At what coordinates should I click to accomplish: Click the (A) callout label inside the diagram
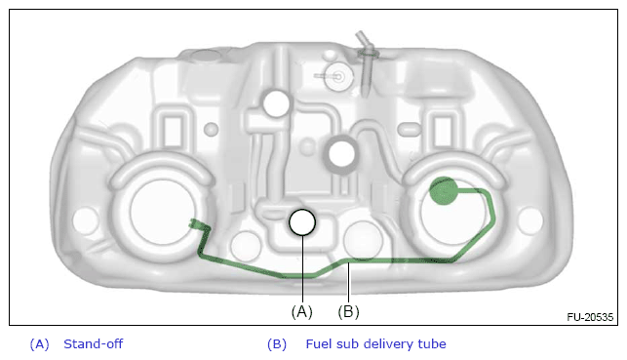(302, 311)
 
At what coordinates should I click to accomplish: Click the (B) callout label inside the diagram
(349, 311)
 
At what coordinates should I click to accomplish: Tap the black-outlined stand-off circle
(302, 222)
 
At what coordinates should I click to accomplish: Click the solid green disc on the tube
(444, 191)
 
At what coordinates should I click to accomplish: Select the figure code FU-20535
(590, 317)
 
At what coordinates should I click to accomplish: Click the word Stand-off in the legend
(94, 344)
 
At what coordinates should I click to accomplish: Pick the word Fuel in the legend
(318, 344)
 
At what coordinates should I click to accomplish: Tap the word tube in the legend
(432, 344)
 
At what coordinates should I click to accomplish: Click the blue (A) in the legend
(40, 344)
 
